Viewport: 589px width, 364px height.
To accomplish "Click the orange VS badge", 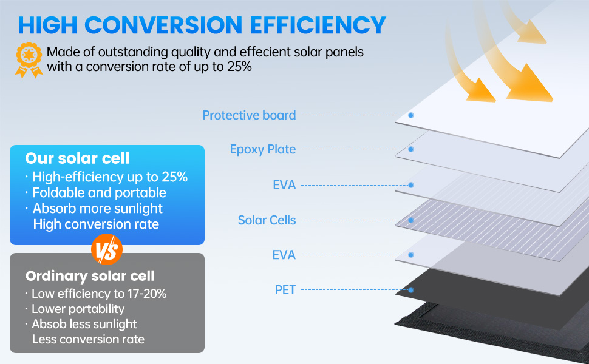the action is (x=107, y=249).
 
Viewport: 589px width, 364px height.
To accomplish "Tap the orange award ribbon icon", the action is (x=29, y=60).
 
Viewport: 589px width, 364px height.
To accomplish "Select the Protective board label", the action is (x=249, y=115).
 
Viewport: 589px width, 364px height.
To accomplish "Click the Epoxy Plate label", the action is (x=263, y=149).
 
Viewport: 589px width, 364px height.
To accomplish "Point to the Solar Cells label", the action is (x=267, y=220).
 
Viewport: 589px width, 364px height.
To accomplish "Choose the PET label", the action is (x=285, y=290).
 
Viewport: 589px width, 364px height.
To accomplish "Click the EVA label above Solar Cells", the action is (x=284, y=185).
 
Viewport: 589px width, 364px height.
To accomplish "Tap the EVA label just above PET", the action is (x=284, y=255).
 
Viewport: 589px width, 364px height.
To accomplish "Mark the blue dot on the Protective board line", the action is (x=411, y=115).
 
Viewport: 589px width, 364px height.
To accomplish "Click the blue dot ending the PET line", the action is (x=411, y=290).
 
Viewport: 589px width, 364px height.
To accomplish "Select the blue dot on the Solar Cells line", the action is (x=411, y=220).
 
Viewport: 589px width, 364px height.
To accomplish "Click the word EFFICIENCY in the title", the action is (x=318, y=25).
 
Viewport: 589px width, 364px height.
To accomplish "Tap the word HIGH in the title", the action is (x=48, y=25).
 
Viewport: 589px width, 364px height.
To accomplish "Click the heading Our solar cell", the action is (x=77, y=158).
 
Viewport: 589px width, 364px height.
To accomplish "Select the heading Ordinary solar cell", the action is (x=90, y=276).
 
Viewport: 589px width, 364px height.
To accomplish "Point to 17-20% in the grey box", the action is (x=147, y=294).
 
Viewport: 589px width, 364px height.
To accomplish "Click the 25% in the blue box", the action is (x=175, y=177).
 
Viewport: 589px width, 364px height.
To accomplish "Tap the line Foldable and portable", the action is (x=99, y=192).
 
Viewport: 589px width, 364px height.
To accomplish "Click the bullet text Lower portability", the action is (x=78, y=309).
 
